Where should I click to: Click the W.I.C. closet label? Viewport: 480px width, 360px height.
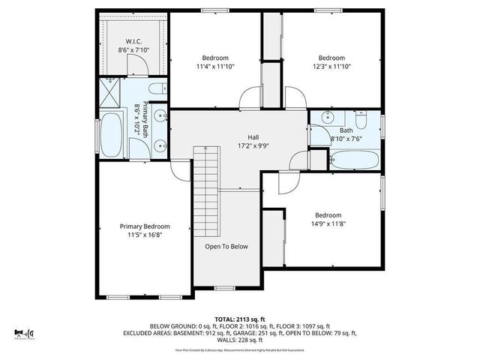pyautogui.click(x=133, y=41)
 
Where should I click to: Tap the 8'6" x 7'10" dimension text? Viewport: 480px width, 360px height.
pyautogui.click(x=133, y=50)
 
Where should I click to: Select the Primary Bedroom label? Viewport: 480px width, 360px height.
pyautogui.click(x=145, y=226)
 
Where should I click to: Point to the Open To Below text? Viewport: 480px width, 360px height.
pyautogui.click(x=226, y=246)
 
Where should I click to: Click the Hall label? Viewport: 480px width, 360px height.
pyautogui.click(x=254, y=137)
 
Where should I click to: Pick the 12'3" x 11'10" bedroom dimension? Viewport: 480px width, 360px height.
pyautogui.click(x=331, y=67)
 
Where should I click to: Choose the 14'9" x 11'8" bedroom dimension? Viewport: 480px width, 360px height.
pyautogui.click(x=327, y=222)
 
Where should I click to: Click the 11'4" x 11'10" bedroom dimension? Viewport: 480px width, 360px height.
pyautogui.click(x=215, y=67)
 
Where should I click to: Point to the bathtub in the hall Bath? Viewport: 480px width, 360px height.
pyautogui.click(x=355, y=159)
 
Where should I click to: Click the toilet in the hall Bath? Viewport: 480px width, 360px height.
pyautogui.click(x=361, y=120)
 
